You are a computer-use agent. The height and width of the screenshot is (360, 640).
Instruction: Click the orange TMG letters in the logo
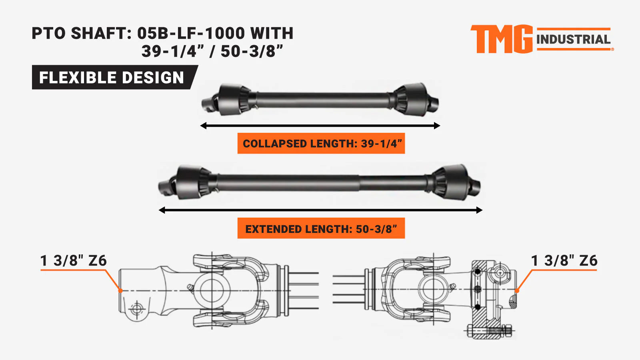pos(502,39)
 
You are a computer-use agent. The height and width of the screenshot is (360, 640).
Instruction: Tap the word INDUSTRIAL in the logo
pos(574,40)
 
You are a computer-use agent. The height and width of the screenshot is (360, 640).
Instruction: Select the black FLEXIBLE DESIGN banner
pos(115,77)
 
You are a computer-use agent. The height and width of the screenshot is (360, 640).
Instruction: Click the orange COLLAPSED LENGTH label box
pos(321,143)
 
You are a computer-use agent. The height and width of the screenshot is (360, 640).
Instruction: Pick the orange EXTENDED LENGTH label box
pos(321,228)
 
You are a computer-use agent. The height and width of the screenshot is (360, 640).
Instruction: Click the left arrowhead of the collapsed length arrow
pos(203,126)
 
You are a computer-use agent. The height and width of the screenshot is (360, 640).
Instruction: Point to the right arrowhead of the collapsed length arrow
pos(437,126)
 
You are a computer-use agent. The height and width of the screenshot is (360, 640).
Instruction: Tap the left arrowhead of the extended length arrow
pos(162,210)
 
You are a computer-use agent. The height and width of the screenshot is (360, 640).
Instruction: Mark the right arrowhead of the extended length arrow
pos(480,210)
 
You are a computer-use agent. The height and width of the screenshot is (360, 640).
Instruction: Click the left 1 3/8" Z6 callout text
pos(74,260)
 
